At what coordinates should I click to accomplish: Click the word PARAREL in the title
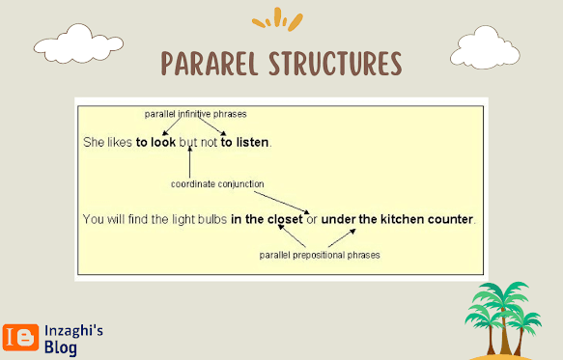210,64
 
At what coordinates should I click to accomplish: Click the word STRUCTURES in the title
336,64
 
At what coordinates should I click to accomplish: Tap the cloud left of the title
78,43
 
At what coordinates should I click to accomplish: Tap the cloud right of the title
485,47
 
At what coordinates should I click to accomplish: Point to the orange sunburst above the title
277,19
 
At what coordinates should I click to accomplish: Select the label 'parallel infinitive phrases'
196,114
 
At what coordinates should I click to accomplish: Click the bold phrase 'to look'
155,142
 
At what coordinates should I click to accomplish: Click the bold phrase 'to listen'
244,142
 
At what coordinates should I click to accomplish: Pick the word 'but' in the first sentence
188,143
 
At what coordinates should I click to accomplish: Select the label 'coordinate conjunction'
217,184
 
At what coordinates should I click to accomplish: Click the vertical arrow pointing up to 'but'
190,162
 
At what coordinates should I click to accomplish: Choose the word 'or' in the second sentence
312,219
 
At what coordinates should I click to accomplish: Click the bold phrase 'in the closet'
267,219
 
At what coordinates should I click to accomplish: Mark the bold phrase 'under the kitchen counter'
397,219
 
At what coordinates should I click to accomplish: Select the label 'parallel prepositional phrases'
320,255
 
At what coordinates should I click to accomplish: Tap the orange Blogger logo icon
21,338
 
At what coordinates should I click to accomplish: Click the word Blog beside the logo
61,347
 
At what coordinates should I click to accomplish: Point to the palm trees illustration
503,319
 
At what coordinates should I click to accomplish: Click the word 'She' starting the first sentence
94,142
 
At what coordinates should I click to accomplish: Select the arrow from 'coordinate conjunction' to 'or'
282,203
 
